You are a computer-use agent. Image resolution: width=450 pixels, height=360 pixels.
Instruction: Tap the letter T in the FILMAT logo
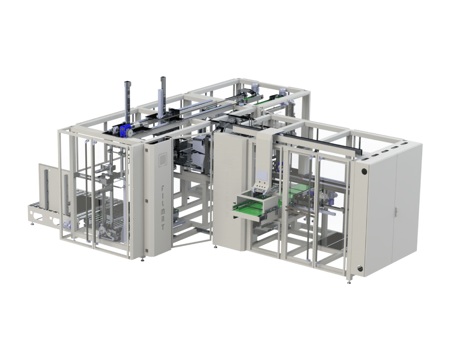pos(163,227)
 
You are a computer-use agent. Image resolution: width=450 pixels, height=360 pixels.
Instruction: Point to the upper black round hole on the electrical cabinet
pos(364,172)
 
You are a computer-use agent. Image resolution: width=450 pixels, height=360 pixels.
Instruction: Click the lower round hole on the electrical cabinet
pos(360,268)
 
